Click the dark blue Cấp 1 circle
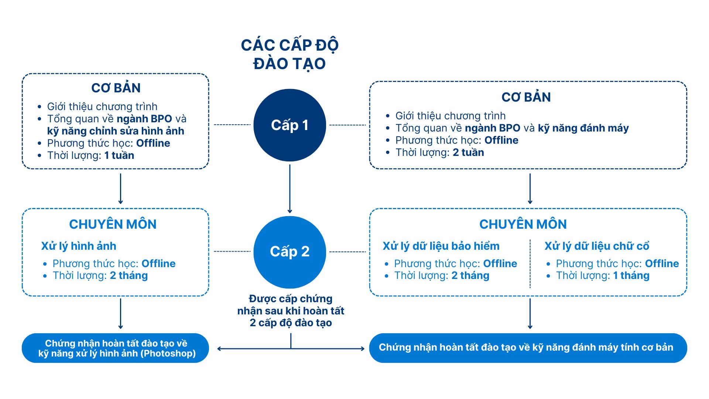(x=290, y=125)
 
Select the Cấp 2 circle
(x=290, y=252)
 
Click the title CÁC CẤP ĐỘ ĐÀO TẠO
(x=290, y=54)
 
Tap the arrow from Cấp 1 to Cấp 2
(x=290, y=189)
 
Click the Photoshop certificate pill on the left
(x=116, y=348)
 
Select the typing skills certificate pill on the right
(x=528, y=348)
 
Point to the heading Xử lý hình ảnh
(x=79, y=246)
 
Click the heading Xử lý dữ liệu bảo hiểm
(x=441, y=246)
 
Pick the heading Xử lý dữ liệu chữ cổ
(x=597, y=246)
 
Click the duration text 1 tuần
(x=119, y=155)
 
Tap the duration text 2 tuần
(x=468, y=152)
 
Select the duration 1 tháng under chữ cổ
(x=631, y=276)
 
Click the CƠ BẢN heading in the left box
(x=116, y=88)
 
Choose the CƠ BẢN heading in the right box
(x=526, y=97)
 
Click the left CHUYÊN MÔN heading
(x=113, y=224)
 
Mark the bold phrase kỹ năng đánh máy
(x=583, y=128)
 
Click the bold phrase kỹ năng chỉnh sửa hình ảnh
(x=116, y=131)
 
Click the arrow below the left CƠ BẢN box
(x=120, y=189)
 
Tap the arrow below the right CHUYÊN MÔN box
(x=530, y=314)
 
